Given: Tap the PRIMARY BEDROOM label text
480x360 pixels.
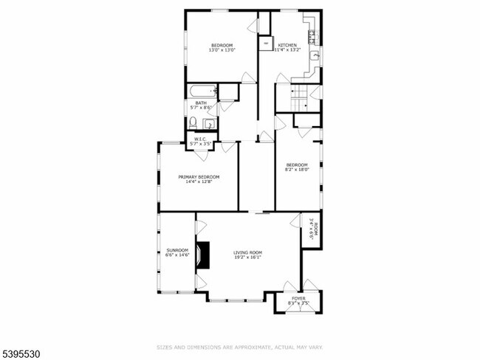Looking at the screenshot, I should [199, 177].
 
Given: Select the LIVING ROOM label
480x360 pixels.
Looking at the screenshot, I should [248, 253].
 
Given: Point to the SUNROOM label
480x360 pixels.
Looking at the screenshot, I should [177, 250].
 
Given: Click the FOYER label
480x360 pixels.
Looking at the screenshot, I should [298, 299].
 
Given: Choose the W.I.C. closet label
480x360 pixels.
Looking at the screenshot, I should [199, 139].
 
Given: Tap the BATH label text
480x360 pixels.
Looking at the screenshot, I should [201, 103].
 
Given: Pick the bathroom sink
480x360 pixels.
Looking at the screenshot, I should [209, 123].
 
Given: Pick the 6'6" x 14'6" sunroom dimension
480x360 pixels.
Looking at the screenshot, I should [177, 256].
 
